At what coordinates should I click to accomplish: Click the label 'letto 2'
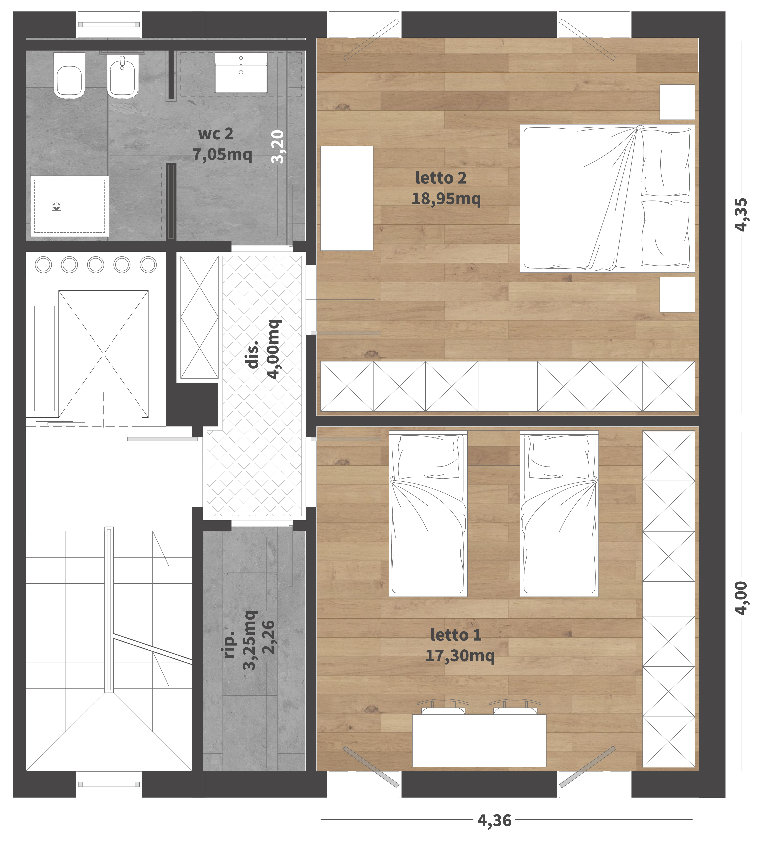[x=441, y=178]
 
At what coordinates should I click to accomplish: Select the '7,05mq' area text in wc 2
[x=222, y=154]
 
